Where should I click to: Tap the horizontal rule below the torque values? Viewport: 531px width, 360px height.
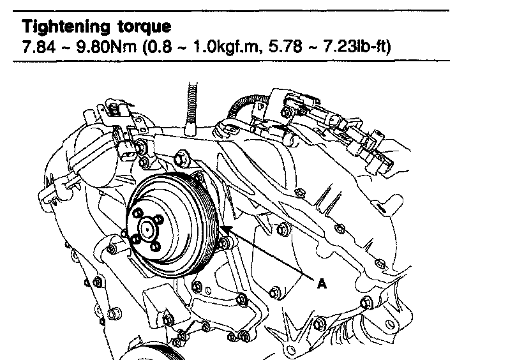(230, 61)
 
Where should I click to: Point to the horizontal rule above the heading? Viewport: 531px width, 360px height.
(230, 11)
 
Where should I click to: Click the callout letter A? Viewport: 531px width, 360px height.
(322, 285)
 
